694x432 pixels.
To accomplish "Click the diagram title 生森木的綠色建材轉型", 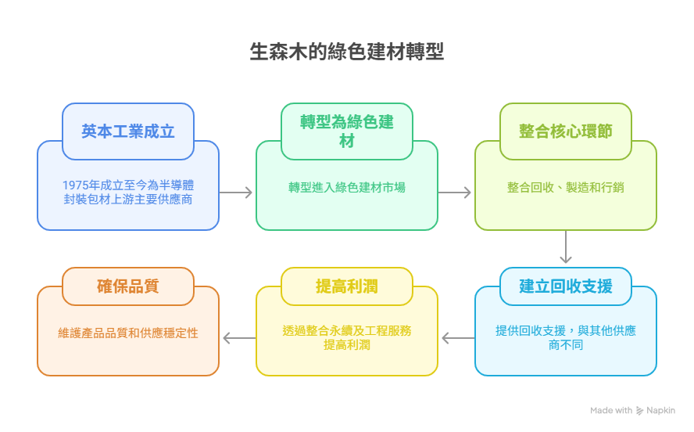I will (x=347, y=52).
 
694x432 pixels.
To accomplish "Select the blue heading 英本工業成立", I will (x=128, y=131).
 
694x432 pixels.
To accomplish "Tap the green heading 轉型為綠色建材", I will (x=347, y=131).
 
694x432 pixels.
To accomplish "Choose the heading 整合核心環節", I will (x=566, y=131).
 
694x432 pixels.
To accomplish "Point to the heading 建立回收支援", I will (x=566, y=286).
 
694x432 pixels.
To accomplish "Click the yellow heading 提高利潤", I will (x=347, y=286).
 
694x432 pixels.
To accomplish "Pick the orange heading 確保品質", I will (x=128, y=286).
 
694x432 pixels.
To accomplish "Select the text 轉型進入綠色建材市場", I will (x=347, y=188).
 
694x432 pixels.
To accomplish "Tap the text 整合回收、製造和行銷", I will (x=566, y=188).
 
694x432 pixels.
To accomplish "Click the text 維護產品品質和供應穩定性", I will (x=128, y=333).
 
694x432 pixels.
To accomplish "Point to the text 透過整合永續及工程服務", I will (x=347, y=331).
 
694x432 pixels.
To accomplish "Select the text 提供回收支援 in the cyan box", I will (x=531, y=331).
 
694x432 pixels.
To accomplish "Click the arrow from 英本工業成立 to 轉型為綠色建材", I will (x=237, y=193).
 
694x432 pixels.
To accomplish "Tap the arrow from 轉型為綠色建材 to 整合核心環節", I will (x=456, y=193).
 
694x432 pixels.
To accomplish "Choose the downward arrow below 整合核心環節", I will (x=566, y=249).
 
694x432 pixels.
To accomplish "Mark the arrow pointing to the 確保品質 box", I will (x=238, y=338).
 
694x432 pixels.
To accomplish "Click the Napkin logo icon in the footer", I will (x=640, y=411).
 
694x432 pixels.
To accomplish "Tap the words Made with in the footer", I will (x=611, y=411).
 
